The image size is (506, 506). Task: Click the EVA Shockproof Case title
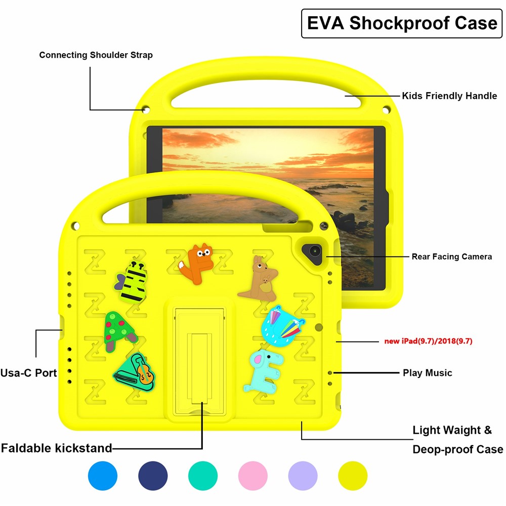[x=402, y=24]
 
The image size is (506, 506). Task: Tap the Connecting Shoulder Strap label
[x=96, y=55]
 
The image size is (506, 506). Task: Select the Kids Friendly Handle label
[x=449, y=95]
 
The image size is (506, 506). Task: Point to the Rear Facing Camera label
[x=451, y=257]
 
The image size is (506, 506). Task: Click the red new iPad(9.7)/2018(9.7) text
[x=428, y=341]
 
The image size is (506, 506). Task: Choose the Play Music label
[x=427, y=373]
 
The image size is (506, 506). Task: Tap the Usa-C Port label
[x=28, y=373]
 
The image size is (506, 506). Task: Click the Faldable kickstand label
[x=56, y=448]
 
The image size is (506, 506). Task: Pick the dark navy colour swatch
[x=153, y=476]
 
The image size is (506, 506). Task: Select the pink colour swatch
[x=253, y=476]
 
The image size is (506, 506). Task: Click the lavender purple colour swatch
[x=303, y=476]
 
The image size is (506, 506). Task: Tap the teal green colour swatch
[x=203, y=476]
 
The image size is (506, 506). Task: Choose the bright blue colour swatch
[x=103, y=476]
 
